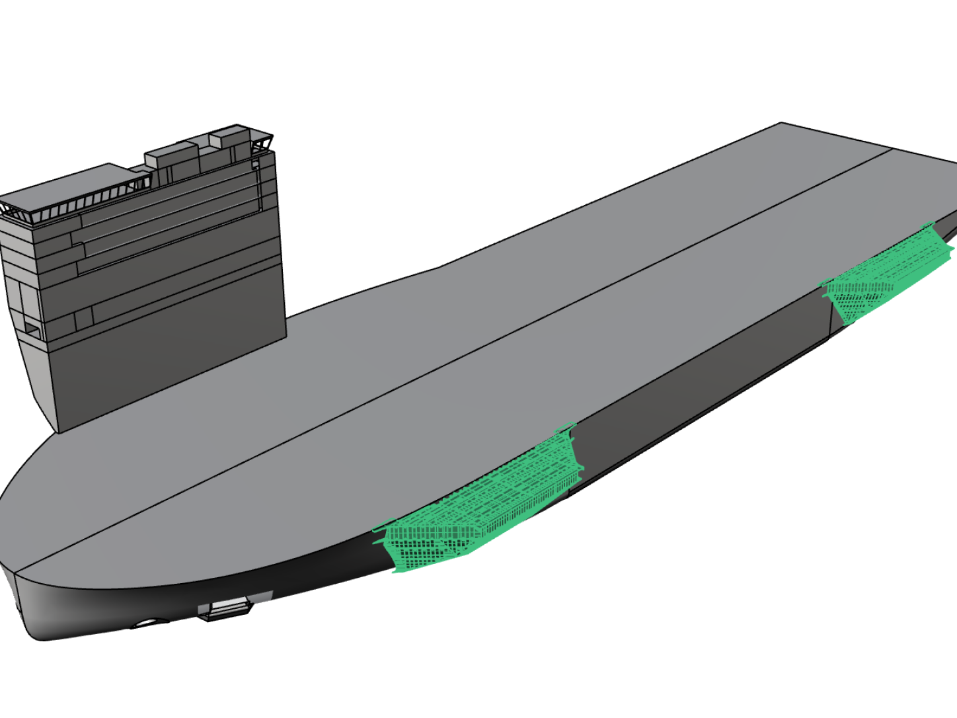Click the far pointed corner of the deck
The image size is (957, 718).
coord(782,123)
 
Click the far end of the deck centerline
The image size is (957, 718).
coord(892,147)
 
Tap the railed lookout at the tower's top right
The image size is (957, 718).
coord(260,141)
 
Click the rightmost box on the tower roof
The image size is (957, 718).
coord(228,140)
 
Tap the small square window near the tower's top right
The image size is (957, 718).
coord(254,164)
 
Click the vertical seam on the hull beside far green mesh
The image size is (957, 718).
coord(829,317)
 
